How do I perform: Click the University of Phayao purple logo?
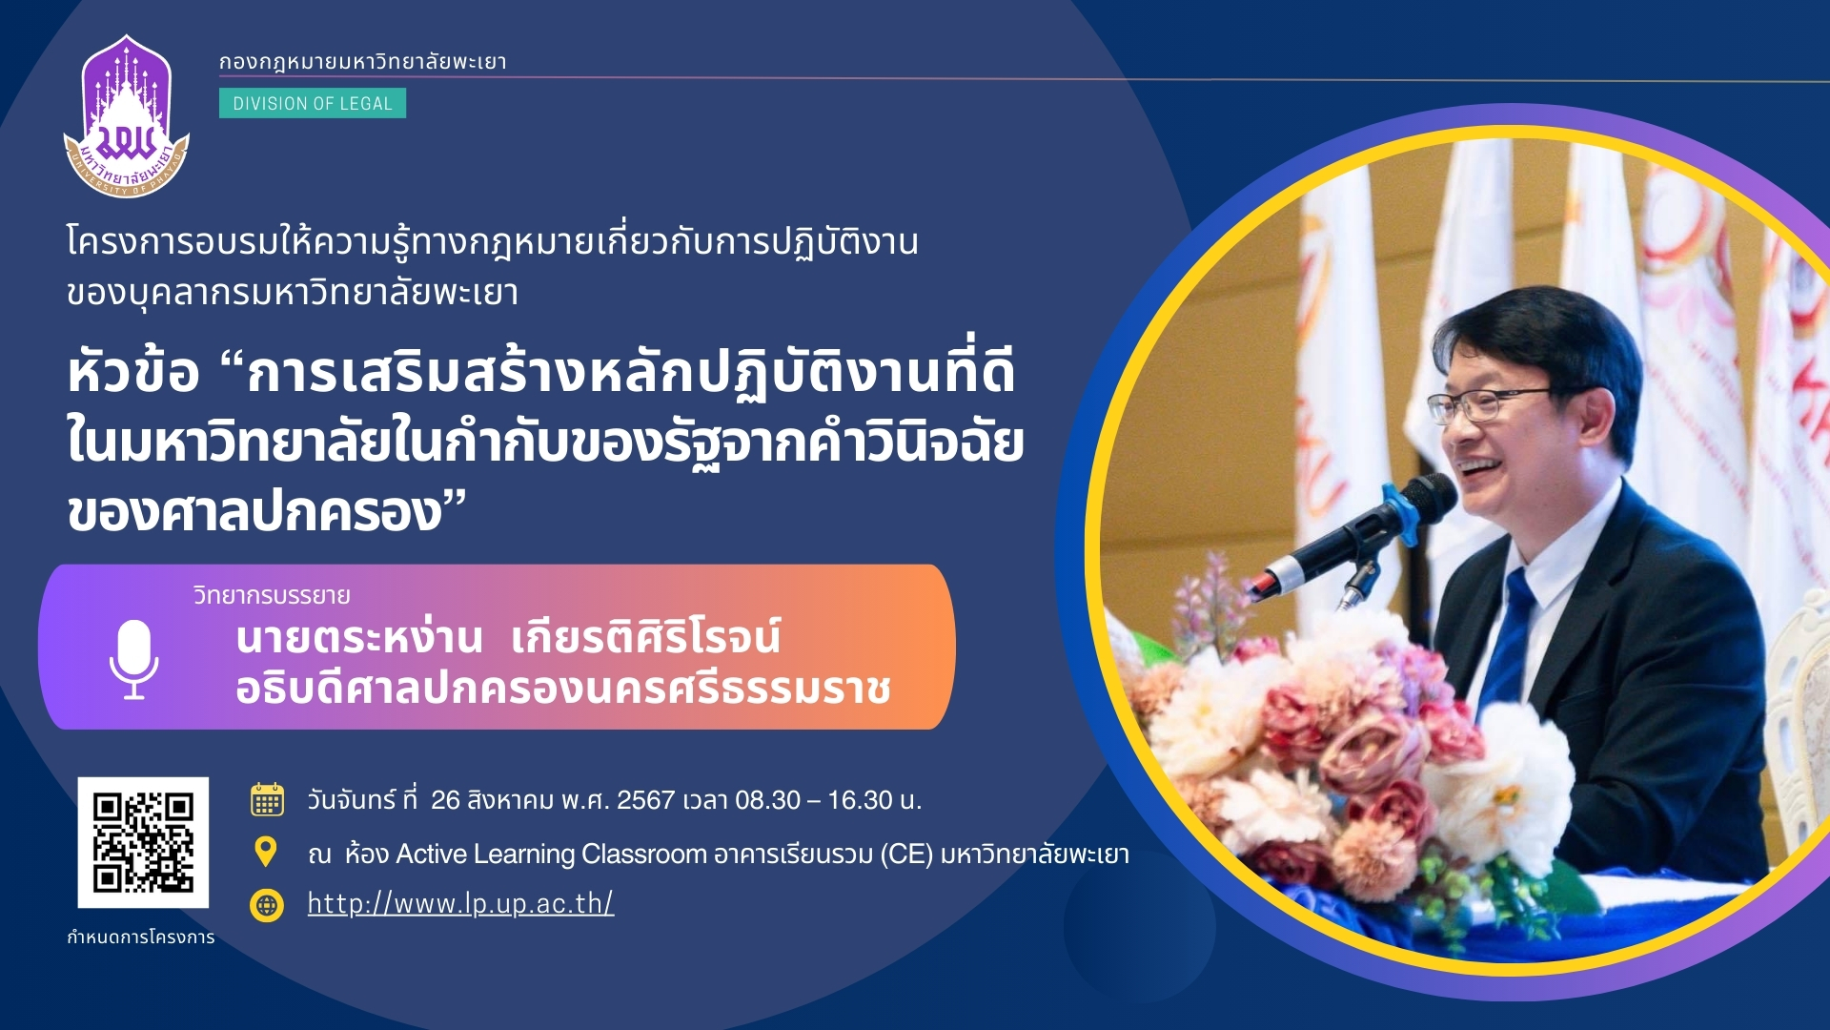[127, 116]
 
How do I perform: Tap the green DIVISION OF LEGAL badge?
[313, 103]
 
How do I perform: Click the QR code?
[143, 842]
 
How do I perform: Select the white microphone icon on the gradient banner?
[133, 659]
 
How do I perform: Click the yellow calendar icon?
[267, 799]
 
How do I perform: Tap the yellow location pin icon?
[266, 852]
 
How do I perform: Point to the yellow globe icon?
[267, 905]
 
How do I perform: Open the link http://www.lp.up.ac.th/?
[460, 903]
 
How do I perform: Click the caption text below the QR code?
[141, 937]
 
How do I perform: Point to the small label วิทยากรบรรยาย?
[272, 595]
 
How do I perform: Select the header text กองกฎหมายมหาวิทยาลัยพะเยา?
[363, 62]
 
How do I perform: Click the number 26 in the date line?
[445, 800]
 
